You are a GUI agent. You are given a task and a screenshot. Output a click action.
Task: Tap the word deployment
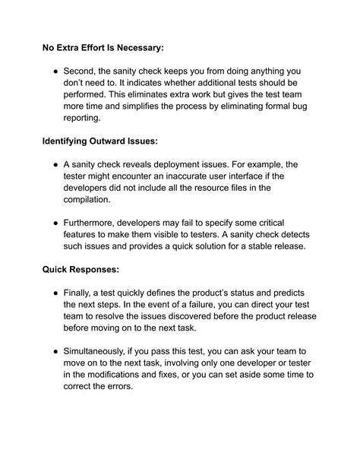tap(188, 165)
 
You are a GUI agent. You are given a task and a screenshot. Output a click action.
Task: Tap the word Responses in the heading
tap(100, 270)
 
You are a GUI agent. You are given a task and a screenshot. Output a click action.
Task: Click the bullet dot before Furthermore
tap(55, 223)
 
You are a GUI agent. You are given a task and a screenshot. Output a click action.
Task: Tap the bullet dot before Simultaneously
tap(55, 352)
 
